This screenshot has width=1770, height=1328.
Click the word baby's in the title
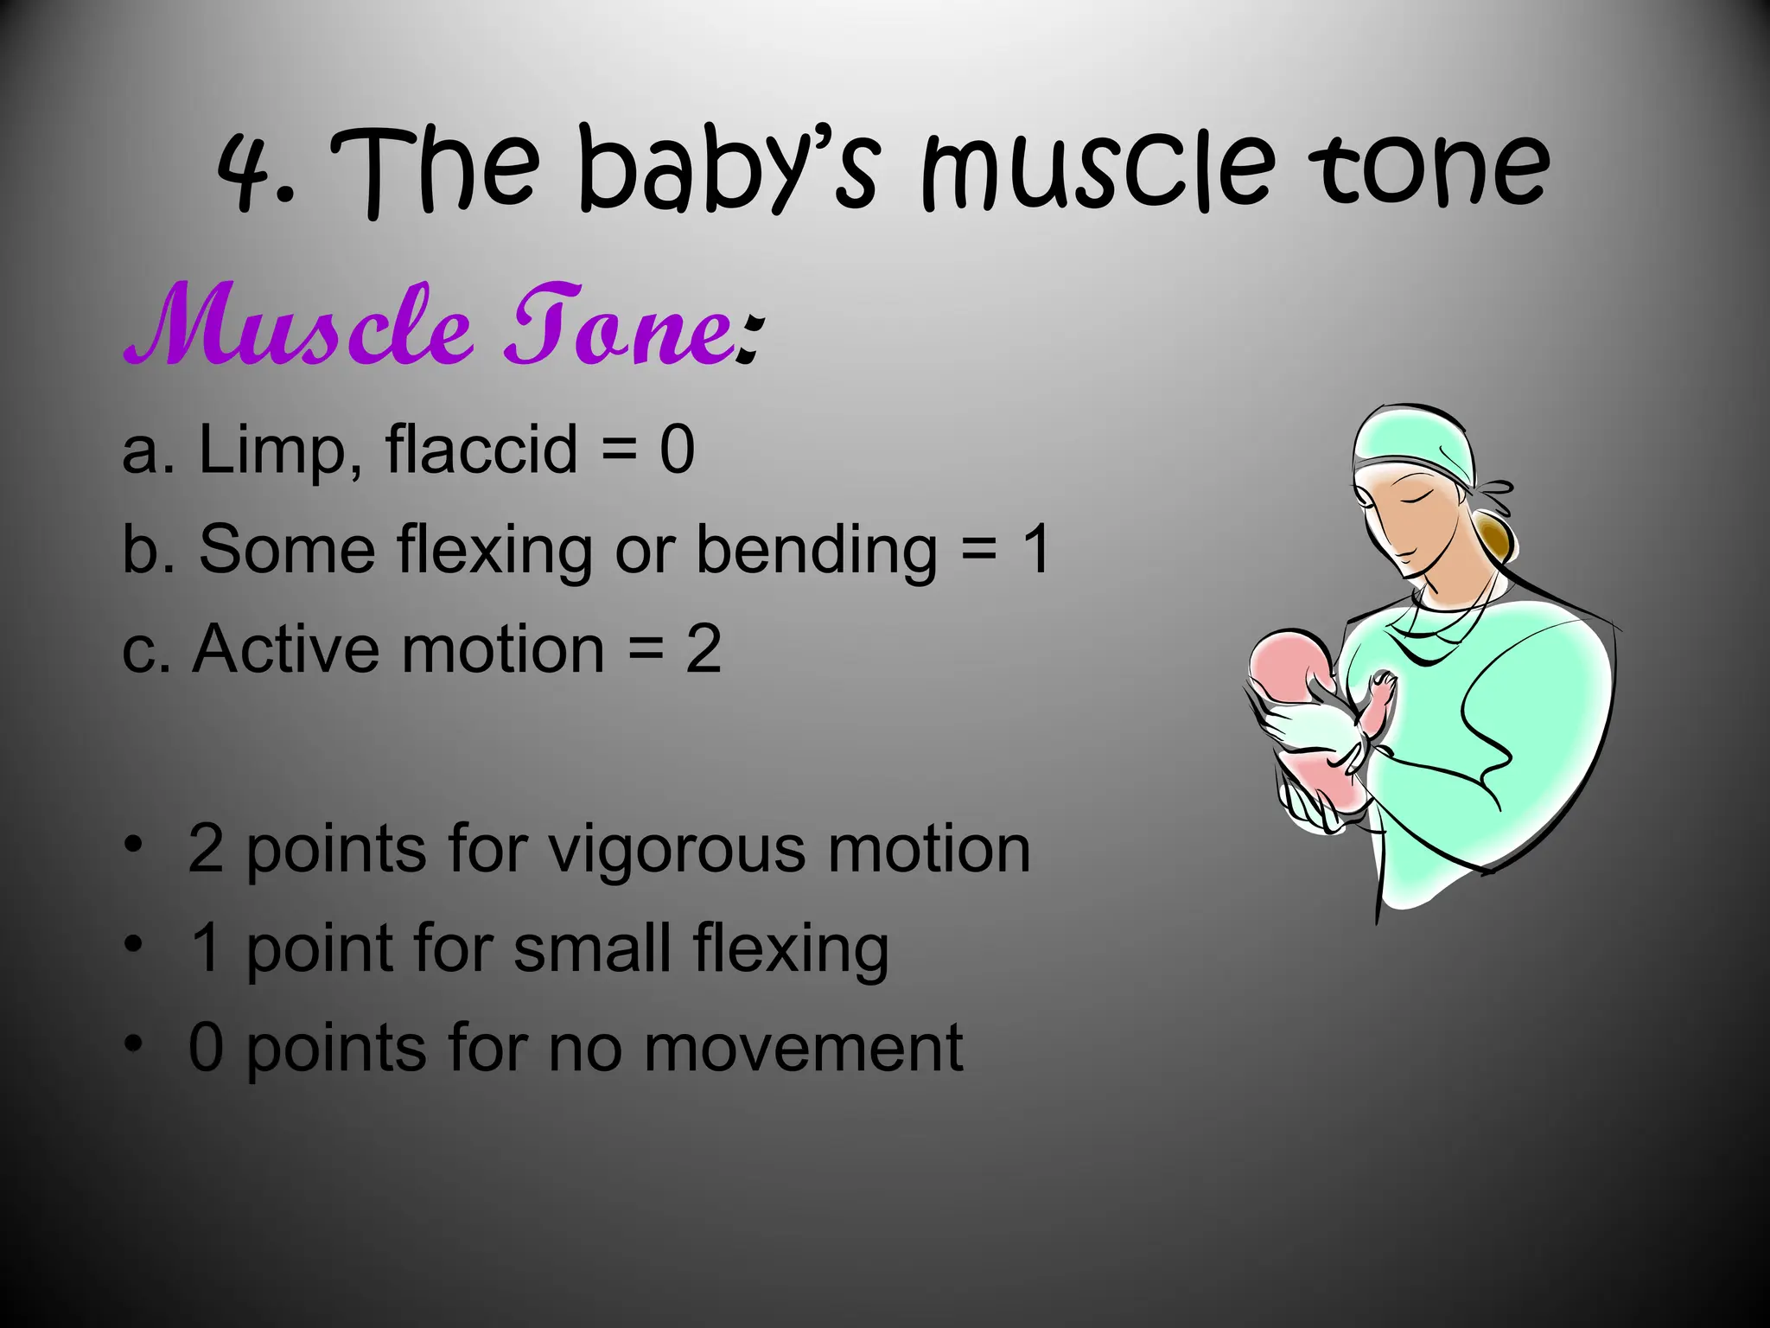729,169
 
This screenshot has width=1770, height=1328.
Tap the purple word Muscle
299,325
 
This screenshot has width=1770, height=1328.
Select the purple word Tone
620,325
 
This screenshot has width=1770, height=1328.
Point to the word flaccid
481,450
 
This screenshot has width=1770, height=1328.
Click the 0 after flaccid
677,450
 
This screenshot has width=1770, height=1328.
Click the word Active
284,649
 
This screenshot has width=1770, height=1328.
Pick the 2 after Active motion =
704,650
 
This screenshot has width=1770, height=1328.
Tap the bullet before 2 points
132,845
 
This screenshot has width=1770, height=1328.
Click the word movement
803,1049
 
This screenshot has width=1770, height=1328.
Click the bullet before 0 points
132,1044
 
